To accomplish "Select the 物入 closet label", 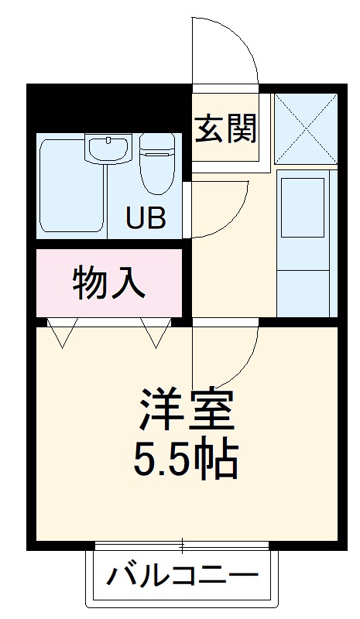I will tap(108, 283).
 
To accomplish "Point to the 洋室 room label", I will tap(186, 410).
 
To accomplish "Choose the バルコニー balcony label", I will tap(181, 576).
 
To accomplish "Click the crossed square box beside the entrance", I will tap(305, 128).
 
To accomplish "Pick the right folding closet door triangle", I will tap(156, 333).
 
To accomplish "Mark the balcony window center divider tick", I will tap(183, 546).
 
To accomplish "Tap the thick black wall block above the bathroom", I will tap(108, 108).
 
